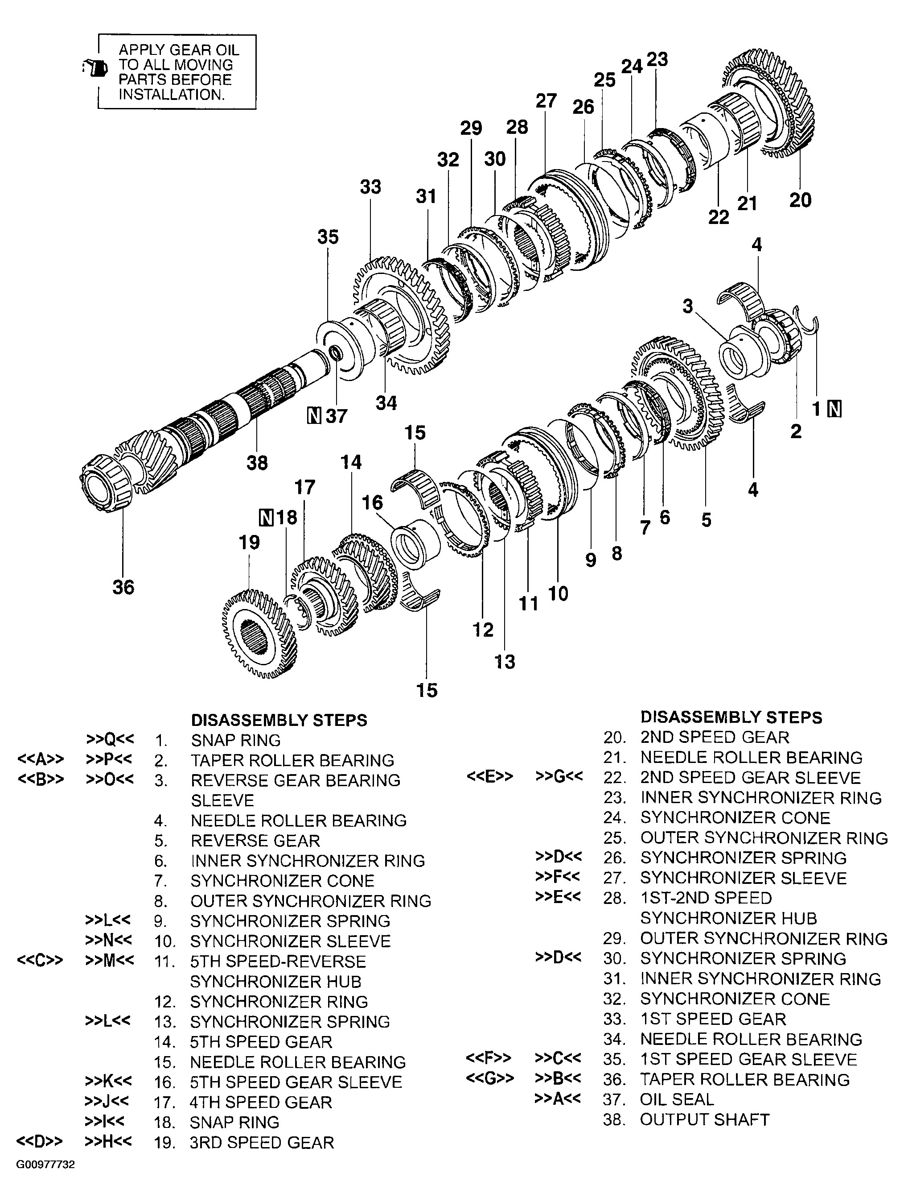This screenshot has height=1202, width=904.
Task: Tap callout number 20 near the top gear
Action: tap(800, 200)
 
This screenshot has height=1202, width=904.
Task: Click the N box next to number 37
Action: tap(314, 416)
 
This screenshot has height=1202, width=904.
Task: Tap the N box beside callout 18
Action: tap(266, 517)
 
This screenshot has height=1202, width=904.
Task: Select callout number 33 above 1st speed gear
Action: tap(370, 187)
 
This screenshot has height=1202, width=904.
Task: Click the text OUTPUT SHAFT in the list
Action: tap(704, 1120)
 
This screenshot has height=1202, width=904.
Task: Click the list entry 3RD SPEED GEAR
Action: tap(262, 1142)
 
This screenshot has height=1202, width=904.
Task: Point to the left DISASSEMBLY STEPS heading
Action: tap(279, 720)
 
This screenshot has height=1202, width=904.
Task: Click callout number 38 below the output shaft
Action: tap(257, 463)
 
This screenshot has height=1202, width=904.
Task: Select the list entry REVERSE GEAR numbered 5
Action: tap(255, 841)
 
